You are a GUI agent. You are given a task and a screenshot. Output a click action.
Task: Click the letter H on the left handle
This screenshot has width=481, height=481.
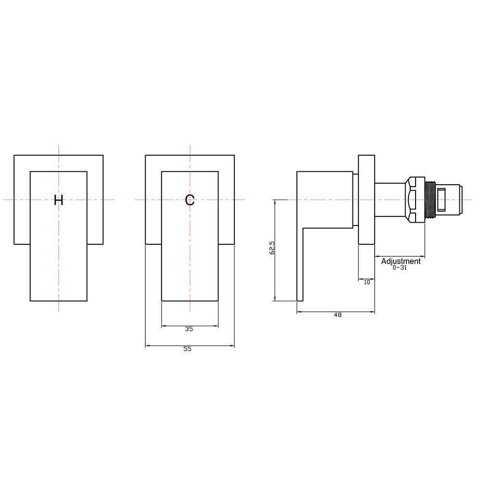click(x=58, y=200)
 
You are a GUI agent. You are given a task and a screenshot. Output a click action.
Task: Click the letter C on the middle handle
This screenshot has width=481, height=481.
click(x=190, y=200)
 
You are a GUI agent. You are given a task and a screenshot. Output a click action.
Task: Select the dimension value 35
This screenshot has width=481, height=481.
click(x=189, y=329)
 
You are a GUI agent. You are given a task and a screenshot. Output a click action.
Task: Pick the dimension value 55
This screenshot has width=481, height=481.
click(x=188, y=349)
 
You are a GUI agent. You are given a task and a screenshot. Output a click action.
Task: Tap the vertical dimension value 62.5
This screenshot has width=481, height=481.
click(x=272, y=248)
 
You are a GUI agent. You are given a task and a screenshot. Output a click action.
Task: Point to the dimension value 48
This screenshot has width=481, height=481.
click(x=338, y=315)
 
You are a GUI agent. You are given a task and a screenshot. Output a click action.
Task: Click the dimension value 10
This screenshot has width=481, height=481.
click(x=367, y=282)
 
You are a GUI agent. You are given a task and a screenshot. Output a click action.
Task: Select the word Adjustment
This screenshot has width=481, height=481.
click(x=401, y=261)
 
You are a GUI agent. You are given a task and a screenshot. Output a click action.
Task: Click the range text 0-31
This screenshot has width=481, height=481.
click(x=400, y=267)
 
